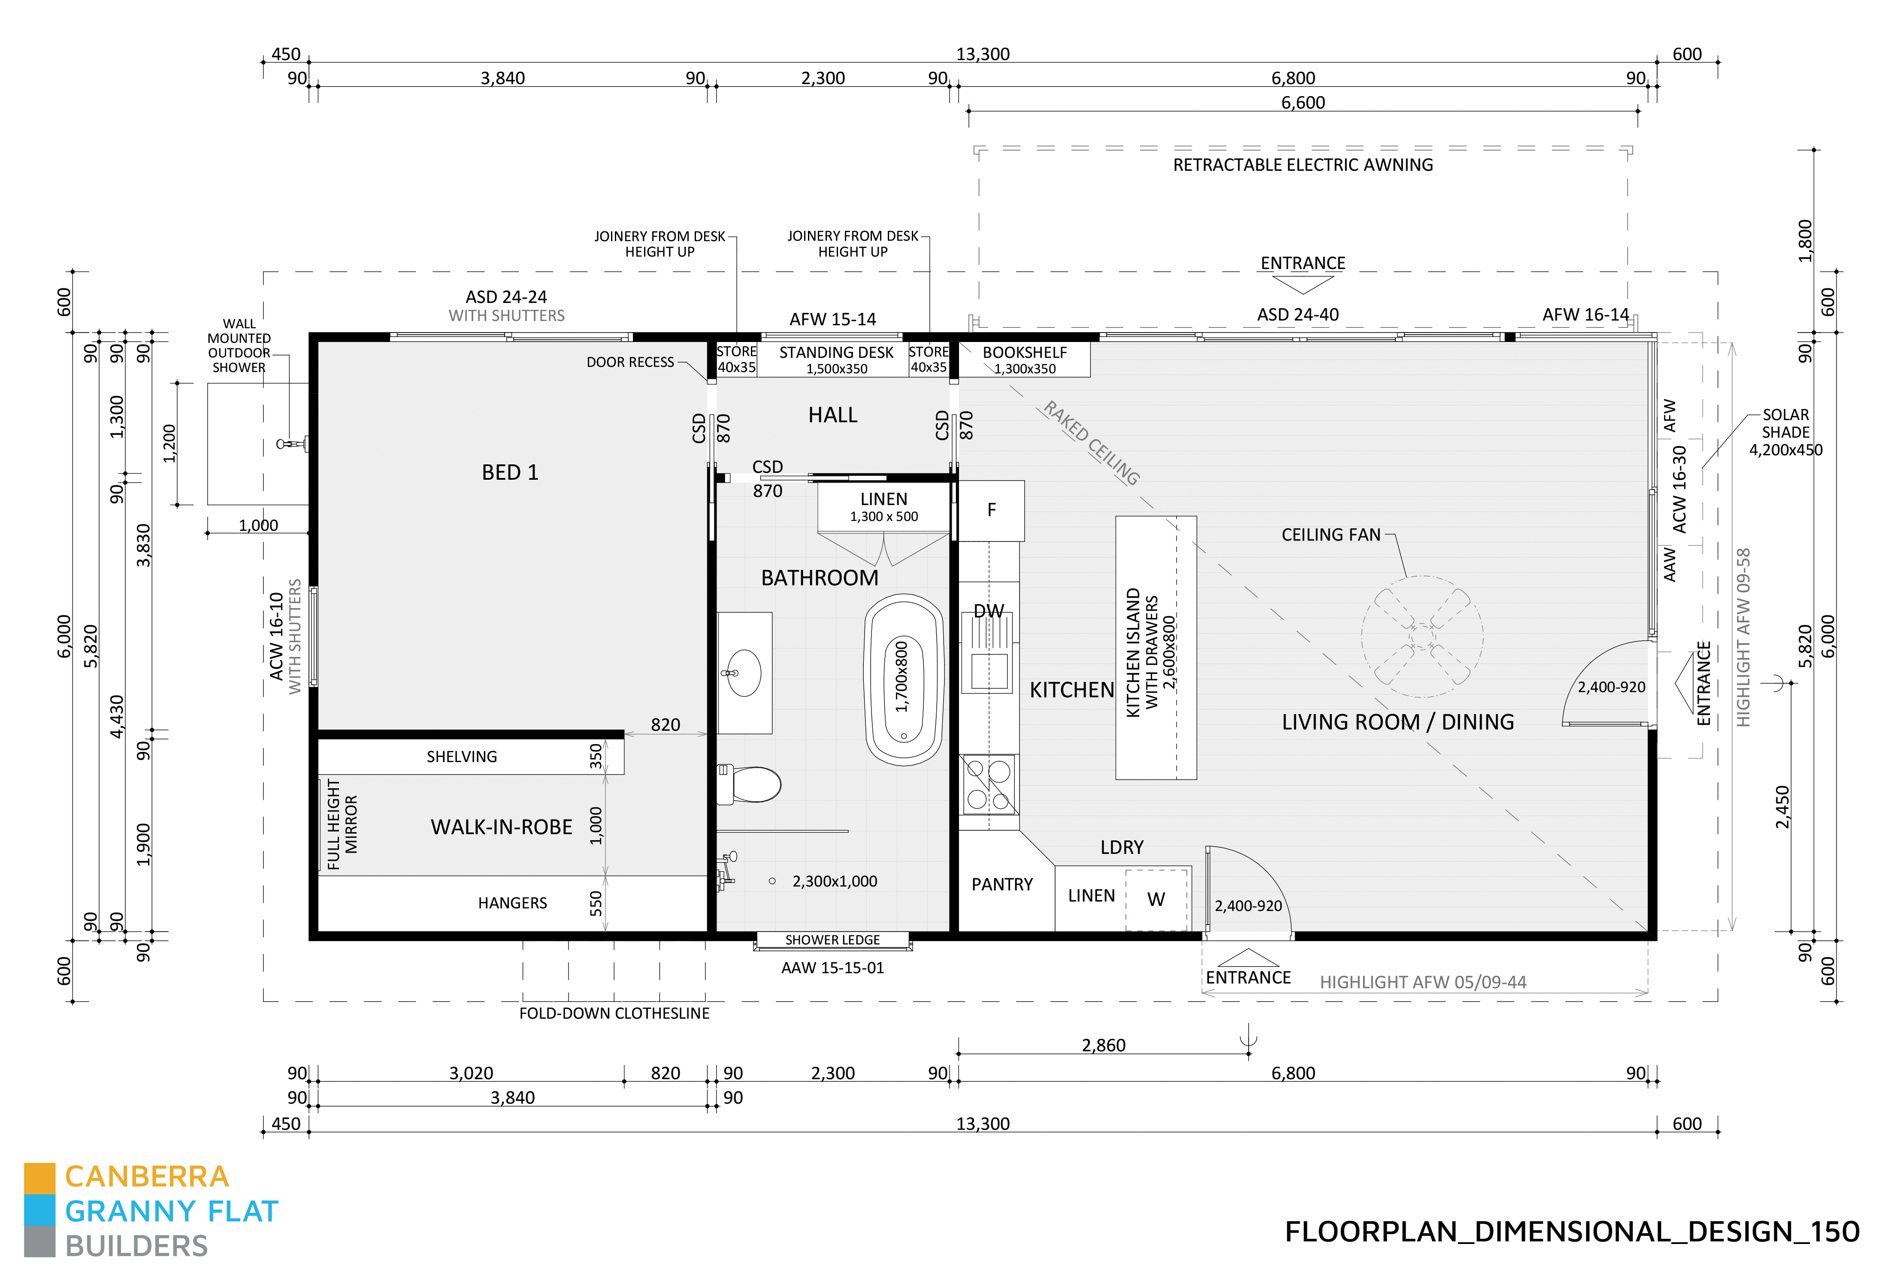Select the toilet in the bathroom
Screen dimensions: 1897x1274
[x=748, y=784]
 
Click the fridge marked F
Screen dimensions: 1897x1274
[x=991, y=510]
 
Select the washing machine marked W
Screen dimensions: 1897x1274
[x=1156, y=899]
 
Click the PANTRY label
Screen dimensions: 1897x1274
[x=1002, y=884]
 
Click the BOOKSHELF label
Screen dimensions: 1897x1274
[x=1025, y=353]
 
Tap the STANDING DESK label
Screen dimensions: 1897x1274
[x=836, y=353]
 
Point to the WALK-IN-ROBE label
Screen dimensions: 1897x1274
[x=501, y=827]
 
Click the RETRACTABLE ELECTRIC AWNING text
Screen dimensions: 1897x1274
[x=1302, y=165]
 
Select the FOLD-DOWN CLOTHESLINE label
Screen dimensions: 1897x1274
[x=614, y=1013]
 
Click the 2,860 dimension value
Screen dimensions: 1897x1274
[x=1103, y=1046]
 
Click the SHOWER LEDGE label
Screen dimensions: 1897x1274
[x=832, y=940]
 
